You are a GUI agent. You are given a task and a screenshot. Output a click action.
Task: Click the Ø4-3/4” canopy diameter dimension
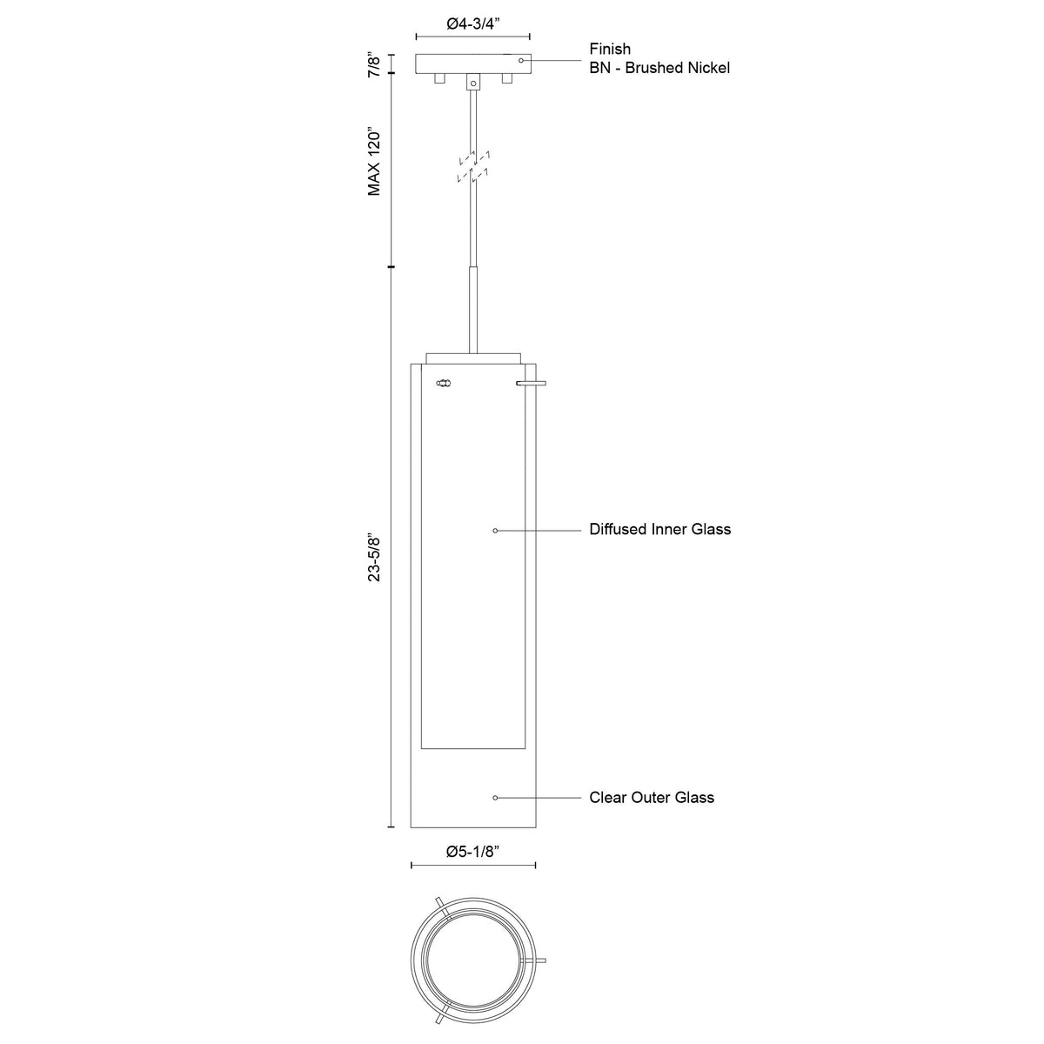click(473, 24)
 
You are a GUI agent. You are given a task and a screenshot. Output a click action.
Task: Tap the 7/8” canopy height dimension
click(375, 64)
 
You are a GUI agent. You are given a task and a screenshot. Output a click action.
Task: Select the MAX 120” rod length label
click(375, 162)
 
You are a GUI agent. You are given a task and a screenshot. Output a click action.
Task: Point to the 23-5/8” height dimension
click(375, 559)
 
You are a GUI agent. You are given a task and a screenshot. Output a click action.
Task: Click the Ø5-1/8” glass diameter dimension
click(472, 852)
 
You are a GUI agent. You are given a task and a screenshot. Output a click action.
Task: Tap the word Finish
click(610, 50)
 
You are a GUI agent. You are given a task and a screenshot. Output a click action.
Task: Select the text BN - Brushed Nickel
click(659, 68)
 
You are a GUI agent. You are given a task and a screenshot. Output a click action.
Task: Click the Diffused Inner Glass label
click(659, 529)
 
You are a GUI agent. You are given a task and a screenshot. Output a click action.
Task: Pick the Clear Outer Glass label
click(652, 798)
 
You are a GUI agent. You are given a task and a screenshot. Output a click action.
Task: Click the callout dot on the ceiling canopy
click(521, 60)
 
